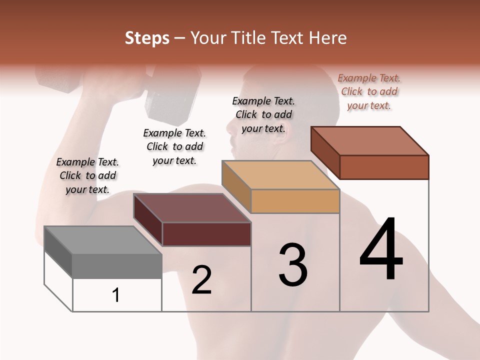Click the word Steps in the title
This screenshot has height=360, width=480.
click(147, 38)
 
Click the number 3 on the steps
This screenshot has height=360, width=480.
click(293, 265)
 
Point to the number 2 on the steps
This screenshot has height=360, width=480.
click(201, 280)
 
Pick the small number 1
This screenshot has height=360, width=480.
click(116, 295)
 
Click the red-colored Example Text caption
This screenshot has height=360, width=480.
click(369, 91)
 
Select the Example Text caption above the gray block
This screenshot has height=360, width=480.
click(87, 175)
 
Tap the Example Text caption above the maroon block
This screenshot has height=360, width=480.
click(174, 146)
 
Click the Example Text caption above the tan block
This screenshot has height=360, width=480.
click(263, 114)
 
